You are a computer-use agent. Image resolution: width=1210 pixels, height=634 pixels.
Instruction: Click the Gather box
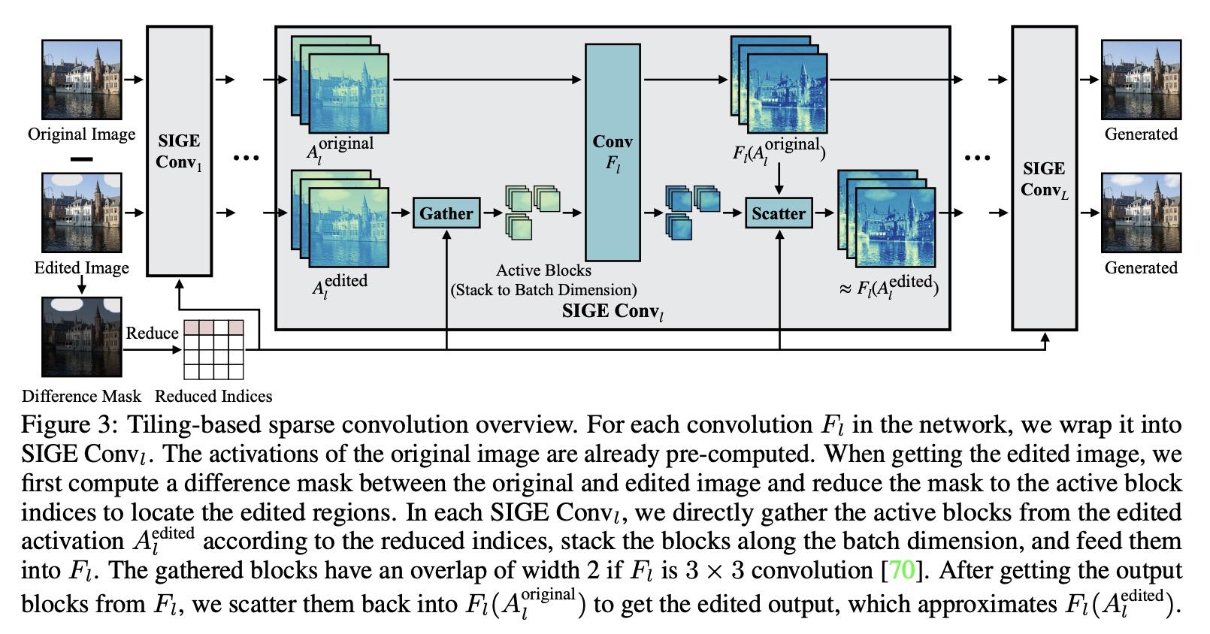(x=446, y=213)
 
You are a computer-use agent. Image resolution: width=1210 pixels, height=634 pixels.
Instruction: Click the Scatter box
(x=779, y=213)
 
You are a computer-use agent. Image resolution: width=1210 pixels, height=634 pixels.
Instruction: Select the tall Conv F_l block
(x=613, y=152)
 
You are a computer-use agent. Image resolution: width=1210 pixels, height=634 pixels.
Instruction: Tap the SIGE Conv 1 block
(x=180, y=151)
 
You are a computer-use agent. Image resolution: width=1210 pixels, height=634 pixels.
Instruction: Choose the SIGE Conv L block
(x=1044, y=178)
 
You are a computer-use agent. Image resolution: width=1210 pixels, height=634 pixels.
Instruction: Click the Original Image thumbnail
(x=82, y=80)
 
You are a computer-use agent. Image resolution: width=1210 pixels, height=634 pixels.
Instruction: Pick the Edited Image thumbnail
(x=82, y=213)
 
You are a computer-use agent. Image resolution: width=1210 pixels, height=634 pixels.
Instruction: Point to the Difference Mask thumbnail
(x=82, y=337)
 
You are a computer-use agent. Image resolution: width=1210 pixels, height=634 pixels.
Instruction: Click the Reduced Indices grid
(x=214, y=350)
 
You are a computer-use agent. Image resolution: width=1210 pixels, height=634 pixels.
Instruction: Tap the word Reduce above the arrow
(x=152, y=333)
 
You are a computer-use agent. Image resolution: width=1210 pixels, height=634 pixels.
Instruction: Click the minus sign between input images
(x=82, y=159)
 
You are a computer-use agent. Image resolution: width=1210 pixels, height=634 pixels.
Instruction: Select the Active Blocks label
(x=543, y=270)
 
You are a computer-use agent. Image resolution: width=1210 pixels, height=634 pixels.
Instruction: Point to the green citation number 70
(x=901, y=570)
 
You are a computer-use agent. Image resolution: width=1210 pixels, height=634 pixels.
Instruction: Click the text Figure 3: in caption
(x=69, y=424)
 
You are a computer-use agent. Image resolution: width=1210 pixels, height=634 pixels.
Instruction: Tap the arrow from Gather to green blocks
(x=493, y=213)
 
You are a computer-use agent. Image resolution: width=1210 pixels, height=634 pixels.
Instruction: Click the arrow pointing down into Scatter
(x=779, y=179)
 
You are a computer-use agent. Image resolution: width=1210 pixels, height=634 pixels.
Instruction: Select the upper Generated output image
(x=1142, y=80)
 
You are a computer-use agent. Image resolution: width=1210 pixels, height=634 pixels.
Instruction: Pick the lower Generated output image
(x=1142, y=213)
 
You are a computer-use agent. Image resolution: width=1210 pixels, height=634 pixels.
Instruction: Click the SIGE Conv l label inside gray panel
(x=613, y=312)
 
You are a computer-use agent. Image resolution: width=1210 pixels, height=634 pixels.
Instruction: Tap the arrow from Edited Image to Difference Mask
(x=82, y=285)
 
